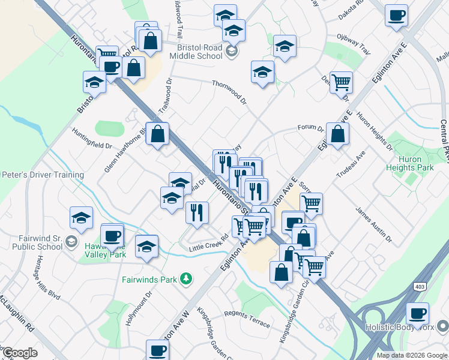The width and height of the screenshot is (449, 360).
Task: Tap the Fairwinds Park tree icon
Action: (187, 278)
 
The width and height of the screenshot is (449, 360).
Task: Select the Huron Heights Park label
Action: (411, 164)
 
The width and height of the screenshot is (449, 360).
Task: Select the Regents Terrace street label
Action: (247, 318)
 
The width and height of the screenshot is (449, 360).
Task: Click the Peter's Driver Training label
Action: (42, 175)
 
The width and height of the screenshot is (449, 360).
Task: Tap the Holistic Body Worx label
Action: (407, 328)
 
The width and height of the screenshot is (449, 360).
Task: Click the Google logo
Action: (20, 353)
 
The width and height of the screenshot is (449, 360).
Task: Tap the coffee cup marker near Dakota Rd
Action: (396, 16)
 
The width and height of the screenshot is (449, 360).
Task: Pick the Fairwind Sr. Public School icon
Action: (71, 241)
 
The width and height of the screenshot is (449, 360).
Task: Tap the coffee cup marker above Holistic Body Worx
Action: (418, 313)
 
